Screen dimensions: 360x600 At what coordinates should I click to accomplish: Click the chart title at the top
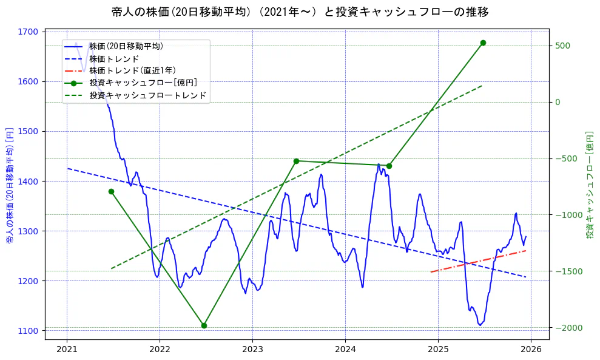pyautogui.click(x=300, y=12)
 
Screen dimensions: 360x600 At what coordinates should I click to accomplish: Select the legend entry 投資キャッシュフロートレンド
pyautogui.click(x=147, y=95)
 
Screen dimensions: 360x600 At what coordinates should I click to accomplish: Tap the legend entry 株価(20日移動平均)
pyautogui.click(x=126, y=46)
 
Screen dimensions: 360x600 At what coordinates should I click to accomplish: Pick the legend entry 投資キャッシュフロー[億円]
pyautogui.click(x=143, y=83)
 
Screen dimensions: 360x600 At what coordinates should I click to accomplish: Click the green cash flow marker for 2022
pyautogui.click(x=204, y=325)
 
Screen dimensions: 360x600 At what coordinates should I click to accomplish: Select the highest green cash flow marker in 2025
pyautogui.click(x=483, y=42)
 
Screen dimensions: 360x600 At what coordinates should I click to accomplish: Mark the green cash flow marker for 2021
pyautogui.click(x=111, y=191)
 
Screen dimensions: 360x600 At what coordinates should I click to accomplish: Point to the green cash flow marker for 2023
pyautogui.click(x=296, y=161)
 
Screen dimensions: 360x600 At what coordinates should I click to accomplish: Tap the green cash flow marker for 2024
pyautogui.click(x=389, y=166)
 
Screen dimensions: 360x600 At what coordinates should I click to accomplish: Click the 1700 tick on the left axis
pyautogui.click(x=29, y=32)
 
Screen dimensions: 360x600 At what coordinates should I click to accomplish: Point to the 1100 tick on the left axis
pyautogui.click(x=29, y=330)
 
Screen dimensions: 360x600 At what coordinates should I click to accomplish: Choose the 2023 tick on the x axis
pyautogui.click(x=252, y=349)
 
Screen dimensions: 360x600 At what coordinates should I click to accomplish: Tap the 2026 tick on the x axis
pyautogui.click(x=531, y=349)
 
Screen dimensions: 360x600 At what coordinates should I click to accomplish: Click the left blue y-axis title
pyautogui.click(x=9, y=185)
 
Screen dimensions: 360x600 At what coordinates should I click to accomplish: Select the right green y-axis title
pyautogui.click(x=589, y=185)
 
